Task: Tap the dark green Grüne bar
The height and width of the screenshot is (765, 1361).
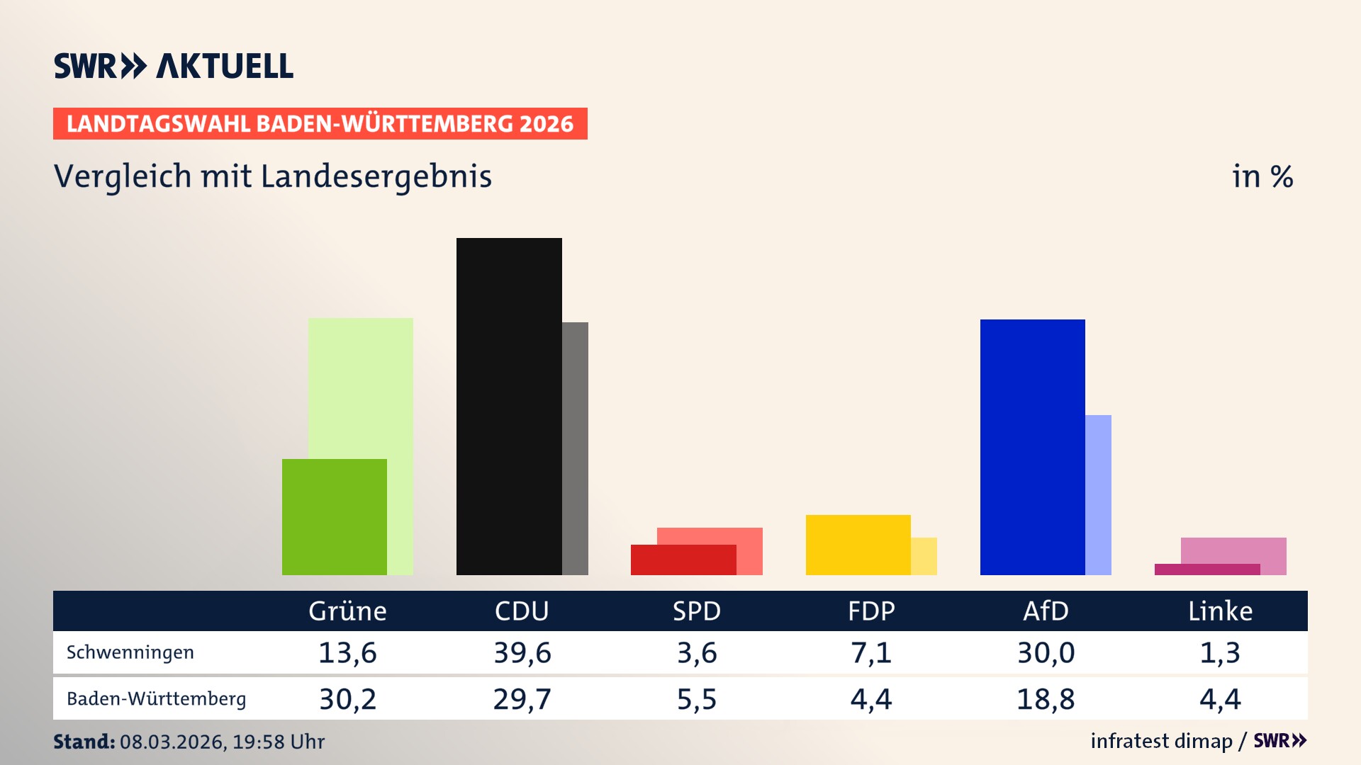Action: point(334,516)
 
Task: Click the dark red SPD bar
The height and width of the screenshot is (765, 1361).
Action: point(683,560)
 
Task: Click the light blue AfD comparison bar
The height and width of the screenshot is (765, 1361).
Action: point(1098,494)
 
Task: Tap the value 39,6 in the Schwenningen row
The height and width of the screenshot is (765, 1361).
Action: point(522,652)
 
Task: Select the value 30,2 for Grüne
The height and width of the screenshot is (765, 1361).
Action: point(347,699)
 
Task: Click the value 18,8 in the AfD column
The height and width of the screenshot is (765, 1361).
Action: point(1046,699)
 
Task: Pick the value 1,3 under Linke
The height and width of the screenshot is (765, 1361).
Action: point(1220,652)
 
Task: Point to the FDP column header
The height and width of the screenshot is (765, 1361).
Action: point(871,611)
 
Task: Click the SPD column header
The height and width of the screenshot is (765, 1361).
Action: point(696,611)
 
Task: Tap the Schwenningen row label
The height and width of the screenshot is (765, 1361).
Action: point(130,652)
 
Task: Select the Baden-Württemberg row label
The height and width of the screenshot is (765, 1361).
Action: point(156,699)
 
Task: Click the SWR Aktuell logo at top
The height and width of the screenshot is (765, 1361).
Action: point(174,66)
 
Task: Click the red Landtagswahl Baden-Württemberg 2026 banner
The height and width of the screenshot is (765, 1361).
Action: point(320,123)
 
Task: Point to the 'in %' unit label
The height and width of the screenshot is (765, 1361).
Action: point(1262,176)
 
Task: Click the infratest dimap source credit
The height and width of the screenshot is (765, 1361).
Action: point(1161,741)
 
